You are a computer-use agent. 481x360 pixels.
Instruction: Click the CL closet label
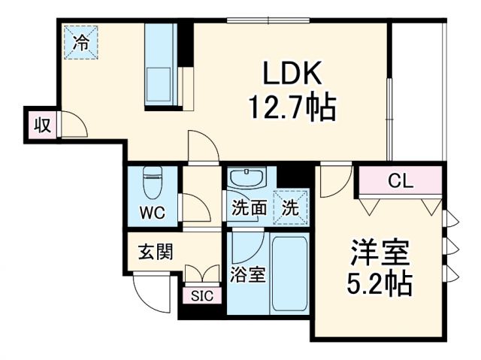[398, 181]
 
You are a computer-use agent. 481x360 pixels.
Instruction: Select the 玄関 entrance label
[155, 251]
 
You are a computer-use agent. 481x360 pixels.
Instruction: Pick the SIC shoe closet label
[202, 295]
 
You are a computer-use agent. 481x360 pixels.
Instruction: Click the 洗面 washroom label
[248, 208]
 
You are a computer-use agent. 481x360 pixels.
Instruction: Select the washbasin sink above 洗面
[247, 180]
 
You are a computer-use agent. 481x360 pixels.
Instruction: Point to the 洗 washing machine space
[289, 208]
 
